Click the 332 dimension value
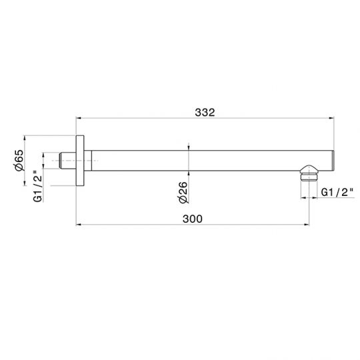tap(205, 113)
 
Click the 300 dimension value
tap(193, 219)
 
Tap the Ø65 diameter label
tap(19, 160)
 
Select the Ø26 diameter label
tap(183, 193)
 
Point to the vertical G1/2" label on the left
tap(38, 186)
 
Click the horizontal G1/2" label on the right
tap(337, 192)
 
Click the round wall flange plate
tap(80, 161)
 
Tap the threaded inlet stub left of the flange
tap(68, 161)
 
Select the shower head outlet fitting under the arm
tap(309, 173)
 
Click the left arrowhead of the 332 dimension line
tap(79, 118)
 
